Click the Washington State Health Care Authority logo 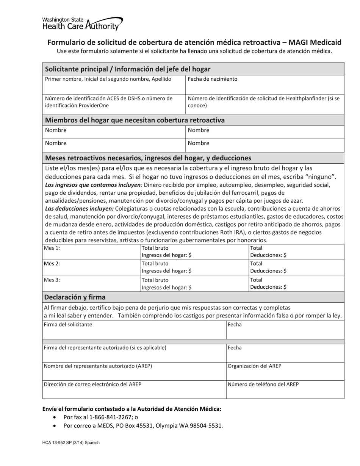(x=82, y=23)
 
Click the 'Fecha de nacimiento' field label (x=213, y=79)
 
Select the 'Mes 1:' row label (x=52, y=248)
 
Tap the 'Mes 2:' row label (x=52, y=264)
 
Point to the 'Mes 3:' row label (x=52, y=280)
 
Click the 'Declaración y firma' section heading (x=75, y=297)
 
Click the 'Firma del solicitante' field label (x=68, y=325)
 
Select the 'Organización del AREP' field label (x=254, y=366)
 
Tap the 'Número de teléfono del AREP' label (x=263, y=384)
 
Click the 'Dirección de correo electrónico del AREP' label (x=92, y=384)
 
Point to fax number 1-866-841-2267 (x=111, y=417)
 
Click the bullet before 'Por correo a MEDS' (x=55, y=426)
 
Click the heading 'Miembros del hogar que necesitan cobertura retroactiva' (x=135, y=120)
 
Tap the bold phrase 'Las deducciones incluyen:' (x=79, y=208)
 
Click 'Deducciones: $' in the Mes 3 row (x=268, y=287)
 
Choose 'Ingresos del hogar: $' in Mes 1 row (x=166, y=255)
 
